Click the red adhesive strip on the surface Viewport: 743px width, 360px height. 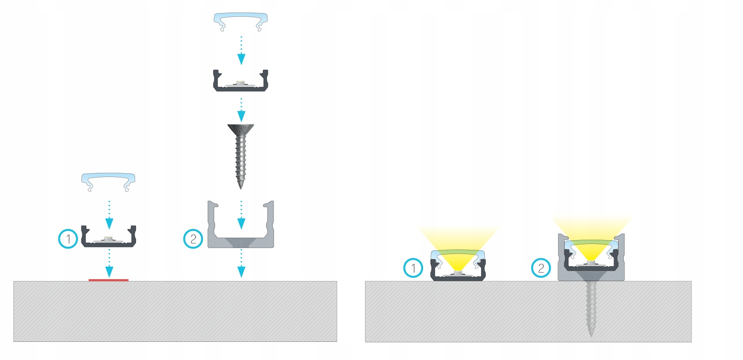(x=108, y=280)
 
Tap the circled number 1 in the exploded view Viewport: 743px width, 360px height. (x=68, y=239)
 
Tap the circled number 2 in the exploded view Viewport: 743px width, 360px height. (x=193, y=239)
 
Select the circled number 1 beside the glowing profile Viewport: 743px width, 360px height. (x=413, y=268)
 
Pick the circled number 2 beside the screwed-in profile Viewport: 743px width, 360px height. (x=541, y=268)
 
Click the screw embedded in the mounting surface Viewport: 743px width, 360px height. (x=591, y=307)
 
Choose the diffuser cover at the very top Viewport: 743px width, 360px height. (x=241, y=20)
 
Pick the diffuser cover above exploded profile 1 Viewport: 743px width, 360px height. (x=108, y=179)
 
